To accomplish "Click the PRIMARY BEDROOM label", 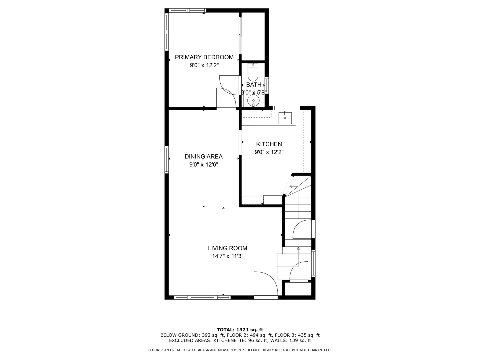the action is click(204, 57).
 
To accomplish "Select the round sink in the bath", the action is click(253, 101).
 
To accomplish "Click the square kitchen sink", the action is click(285, 118).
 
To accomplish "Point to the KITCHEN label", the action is click(269, 144).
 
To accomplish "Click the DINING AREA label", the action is click(204, 157).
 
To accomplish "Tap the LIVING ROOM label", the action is click(228, 248).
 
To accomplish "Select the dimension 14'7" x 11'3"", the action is click(228, 256).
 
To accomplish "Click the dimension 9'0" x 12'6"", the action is click(204, 165).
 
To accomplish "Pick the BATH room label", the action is click(254, 85).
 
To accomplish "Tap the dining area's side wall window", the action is click(167, 160).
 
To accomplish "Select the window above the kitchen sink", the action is click(286, 108).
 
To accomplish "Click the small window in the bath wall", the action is click(267, 85).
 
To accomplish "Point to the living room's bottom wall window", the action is click(202, 297).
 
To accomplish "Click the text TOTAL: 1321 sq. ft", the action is click(240, 330).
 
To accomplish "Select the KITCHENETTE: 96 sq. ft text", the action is click(240, 341).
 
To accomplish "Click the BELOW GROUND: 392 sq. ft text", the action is click(192, 335).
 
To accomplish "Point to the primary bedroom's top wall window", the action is click(188, 10).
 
